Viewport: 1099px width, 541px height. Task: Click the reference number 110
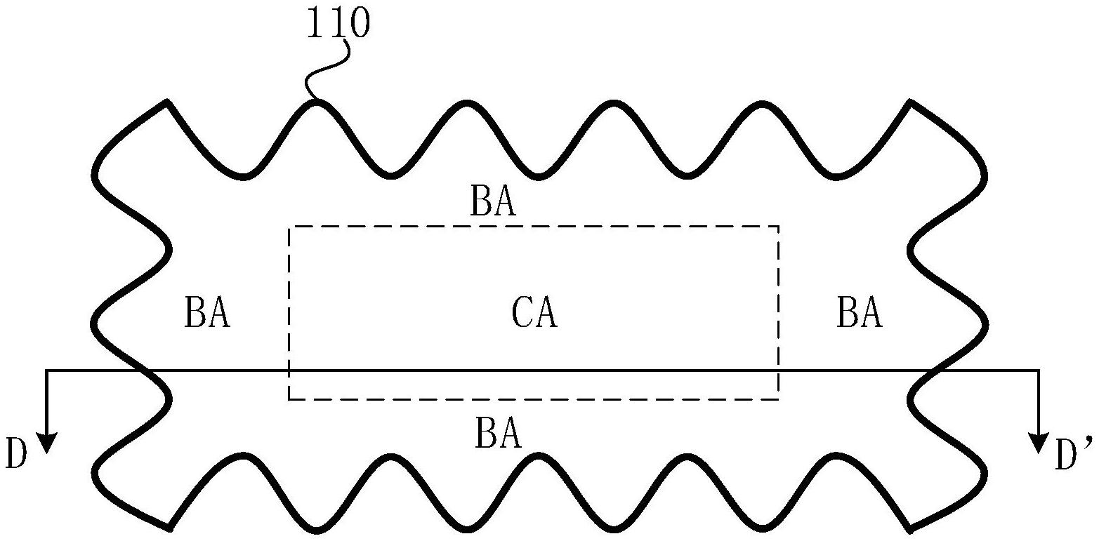coord(337,25)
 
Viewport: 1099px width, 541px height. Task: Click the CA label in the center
coord(534,313)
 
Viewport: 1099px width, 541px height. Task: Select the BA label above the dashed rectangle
coord(493,202)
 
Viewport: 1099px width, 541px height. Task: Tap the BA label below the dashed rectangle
coord(498,433)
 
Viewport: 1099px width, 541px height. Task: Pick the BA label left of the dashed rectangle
coord(207,313)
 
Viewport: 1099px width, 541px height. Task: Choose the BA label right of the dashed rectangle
coord(860,313)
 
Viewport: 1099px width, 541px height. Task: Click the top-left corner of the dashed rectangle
coord(289,227)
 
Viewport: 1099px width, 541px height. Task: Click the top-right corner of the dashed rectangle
coord(778,227)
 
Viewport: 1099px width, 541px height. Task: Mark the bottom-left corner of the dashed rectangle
coord(289,399)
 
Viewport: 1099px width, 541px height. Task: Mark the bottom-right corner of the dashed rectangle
coord(778,399)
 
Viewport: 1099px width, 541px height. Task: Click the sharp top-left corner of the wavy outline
coord(166,102)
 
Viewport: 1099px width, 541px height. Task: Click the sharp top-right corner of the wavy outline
coord(911,102)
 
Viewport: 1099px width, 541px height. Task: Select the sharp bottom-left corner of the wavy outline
coord(169,526)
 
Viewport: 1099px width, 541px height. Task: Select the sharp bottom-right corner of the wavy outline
coord(911,526)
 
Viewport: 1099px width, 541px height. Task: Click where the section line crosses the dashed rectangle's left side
coord(289,370)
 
